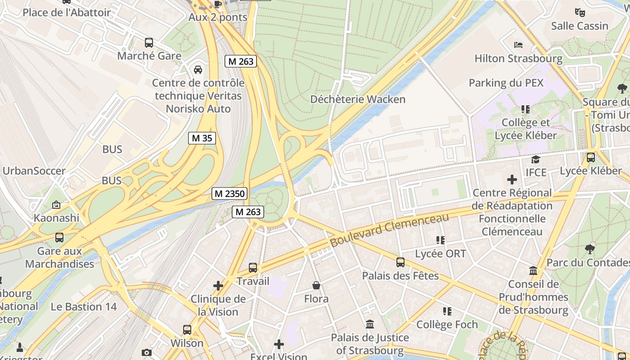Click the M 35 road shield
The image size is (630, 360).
[202, 138]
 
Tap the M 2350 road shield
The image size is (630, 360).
[229, 194]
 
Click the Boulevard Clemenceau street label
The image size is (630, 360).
[389, 229]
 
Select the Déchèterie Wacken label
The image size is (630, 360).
[358, 99]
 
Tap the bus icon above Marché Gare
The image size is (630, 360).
[149, 43]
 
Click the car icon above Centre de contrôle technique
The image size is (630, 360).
[198, 70]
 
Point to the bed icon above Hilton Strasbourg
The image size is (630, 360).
[518, 45]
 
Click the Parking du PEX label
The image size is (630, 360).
[506, 83]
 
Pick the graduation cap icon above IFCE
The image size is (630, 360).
[535, 159]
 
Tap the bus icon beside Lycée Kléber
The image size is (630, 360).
[591, 157]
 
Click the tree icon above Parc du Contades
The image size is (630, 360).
[589, 249]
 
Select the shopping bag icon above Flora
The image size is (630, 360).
[316, 285]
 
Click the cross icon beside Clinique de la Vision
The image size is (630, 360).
[218, 286]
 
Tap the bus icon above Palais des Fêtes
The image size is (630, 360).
[400, 262]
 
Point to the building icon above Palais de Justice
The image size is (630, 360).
[370, 324]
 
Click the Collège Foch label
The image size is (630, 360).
[447, 324]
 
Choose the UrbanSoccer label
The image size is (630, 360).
[34, 171]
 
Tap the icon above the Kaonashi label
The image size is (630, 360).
[56, 205]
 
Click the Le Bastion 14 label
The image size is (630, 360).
[83, 307]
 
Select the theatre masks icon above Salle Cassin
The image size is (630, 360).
[580, 13]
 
